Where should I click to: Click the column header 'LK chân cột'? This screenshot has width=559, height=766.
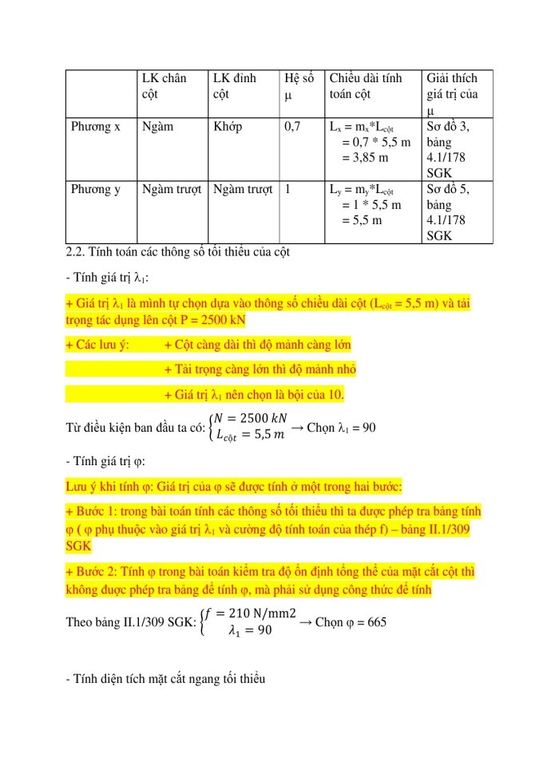[164, 86]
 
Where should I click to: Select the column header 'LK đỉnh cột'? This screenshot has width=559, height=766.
[235, 86]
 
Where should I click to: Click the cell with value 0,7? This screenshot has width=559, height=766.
[292, 126]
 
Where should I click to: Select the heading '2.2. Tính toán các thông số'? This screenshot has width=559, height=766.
[183, 253]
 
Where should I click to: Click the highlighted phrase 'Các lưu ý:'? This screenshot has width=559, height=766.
[98, 345]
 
